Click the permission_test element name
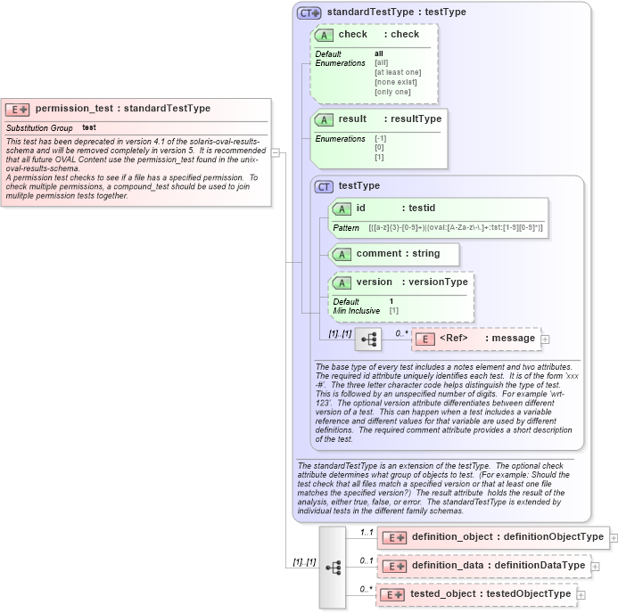click(x=75, y=109)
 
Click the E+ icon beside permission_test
click(x=18, y=110)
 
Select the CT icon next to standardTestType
click(x=309, y=12)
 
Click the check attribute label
click(x=352, y=35)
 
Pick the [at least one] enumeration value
click(x=398, y=72)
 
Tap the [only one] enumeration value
click(x=392, y=92)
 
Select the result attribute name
click(x=352, y=119)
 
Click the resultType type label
click(x=415, y=119)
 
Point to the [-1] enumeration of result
click(x=380, y=139)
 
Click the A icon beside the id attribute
click(x=342, y=208)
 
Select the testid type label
click(x=421, y=208)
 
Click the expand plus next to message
click(x=546, y=339)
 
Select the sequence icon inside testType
click(x=368, y=339)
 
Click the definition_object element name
click(x=452, y=537)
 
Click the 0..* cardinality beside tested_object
click(x=365, y=589)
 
